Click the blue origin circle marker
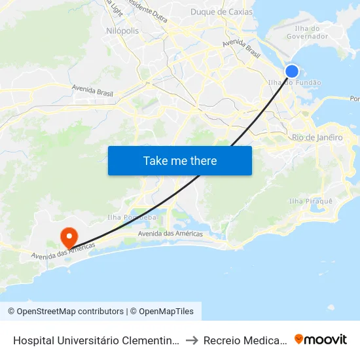292,71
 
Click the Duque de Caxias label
221,12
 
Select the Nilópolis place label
122,31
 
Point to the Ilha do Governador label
307,32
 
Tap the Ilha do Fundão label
295,82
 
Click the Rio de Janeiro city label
317,137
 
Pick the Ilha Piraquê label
311,201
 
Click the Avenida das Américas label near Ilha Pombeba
170,234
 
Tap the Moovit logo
320,339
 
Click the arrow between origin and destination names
191,340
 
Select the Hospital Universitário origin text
96,340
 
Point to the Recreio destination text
245,340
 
